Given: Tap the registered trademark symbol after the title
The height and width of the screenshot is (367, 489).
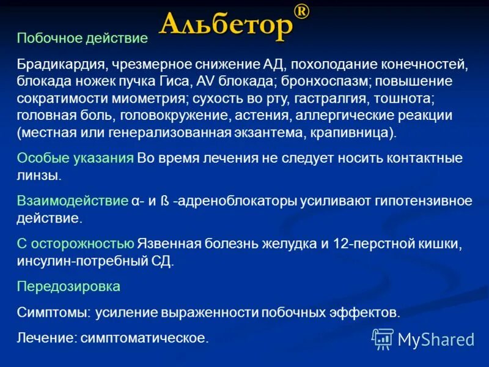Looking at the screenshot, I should click(x=301, y=12).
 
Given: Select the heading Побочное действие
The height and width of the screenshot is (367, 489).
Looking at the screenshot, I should click(x=83, y=39).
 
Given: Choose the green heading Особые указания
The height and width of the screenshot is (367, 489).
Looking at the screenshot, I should click(x=75, y=158).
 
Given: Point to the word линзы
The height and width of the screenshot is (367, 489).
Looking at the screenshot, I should click(x=39, y=175).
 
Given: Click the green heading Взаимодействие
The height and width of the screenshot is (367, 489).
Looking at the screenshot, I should click(x=72, y=201).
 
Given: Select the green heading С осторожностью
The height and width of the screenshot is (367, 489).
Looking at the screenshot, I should click(x=75, y=243).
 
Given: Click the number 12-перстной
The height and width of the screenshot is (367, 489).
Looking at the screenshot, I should click(x=369, y=243).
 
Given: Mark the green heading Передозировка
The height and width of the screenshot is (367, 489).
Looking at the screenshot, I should click(x=68, y=286).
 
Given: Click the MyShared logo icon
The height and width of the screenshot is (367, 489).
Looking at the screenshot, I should click(x=383, y=338).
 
